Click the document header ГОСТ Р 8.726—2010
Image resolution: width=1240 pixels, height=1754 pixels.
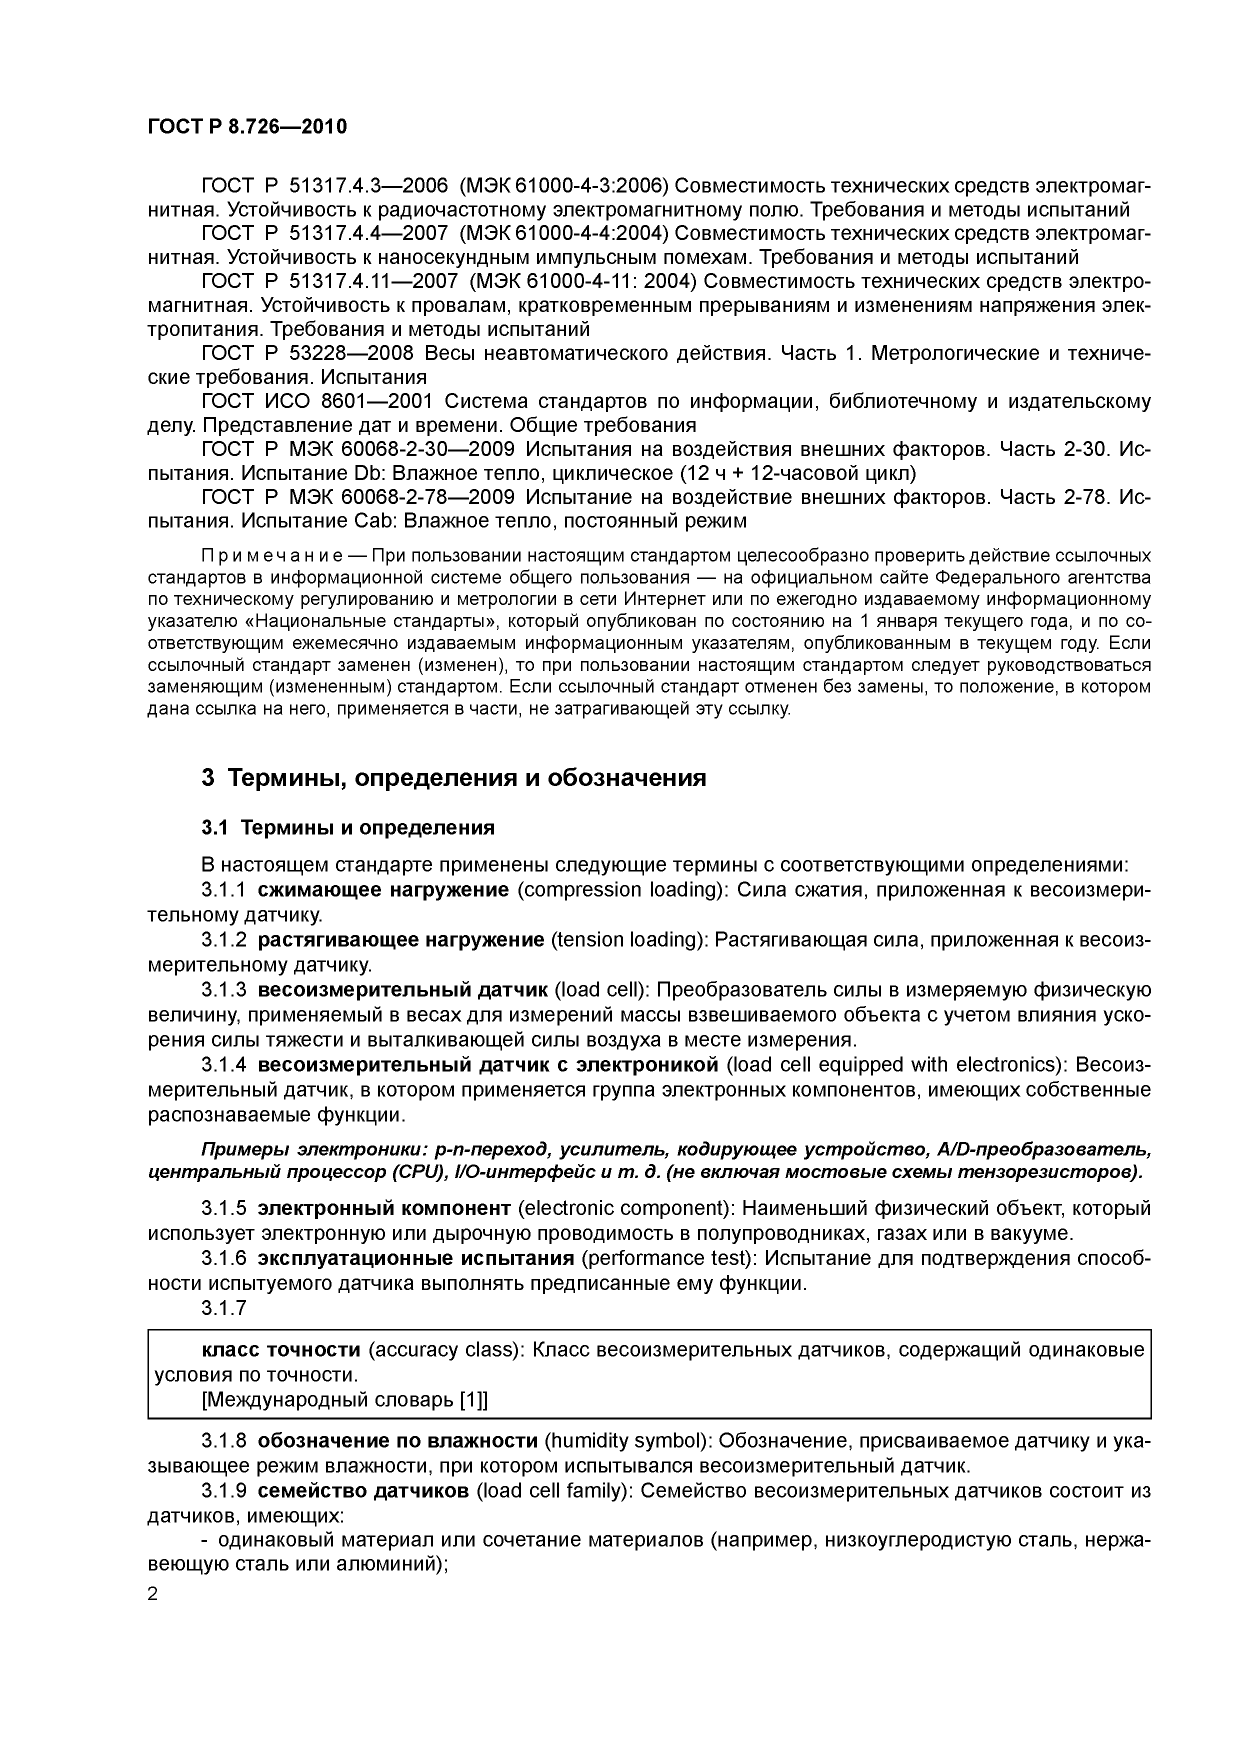click(x=247, y=127)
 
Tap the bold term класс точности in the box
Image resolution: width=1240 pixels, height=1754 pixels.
click(x=280, y=1350)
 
